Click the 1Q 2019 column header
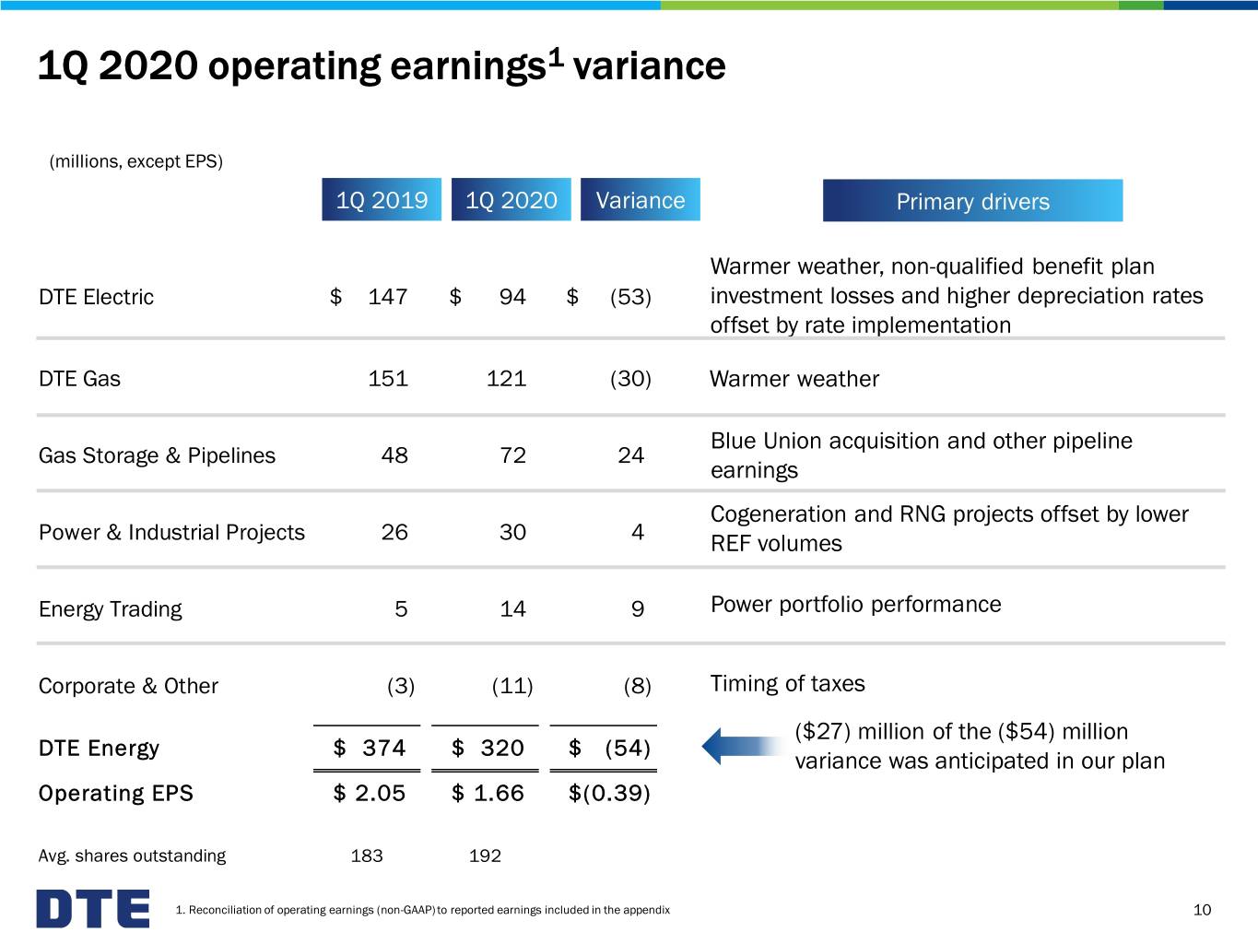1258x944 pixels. point(382,199)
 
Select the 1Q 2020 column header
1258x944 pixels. point(511,199)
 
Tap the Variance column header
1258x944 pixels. point(641,199)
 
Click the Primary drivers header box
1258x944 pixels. point(972,201)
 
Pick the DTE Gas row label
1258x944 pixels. point(79,379)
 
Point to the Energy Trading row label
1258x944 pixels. point(110,609)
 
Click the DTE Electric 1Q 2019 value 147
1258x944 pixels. point(387,297)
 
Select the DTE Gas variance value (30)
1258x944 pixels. point(630,379)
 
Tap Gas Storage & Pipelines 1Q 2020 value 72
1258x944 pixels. point(512,455)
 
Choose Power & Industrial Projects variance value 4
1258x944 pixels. point(638,532)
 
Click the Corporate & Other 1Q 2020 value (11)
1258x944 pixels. point(512,686)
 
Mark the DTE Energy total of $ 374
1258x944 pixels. point(369,748)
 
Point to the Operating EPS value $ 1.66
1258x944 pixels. point(488,793)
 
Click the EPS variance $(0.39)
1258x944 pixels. point(609,793)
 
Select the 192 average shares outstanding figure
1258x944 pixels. point(485,855)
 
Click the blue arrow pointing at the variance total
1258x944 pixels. point(745,747)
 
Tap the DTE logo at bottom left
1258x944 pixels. point(93,908)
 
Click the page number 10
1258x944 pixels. point(1202,910)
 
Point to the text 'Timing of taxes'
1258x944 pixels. point(787,684)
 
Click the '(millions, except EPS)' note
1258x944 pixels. point(135,161)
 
